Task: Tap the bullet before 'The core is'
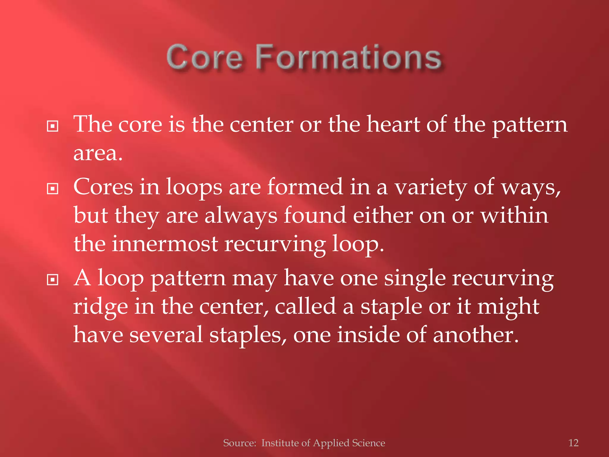(53, 126)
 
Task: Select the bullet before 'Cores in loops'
(53, 189)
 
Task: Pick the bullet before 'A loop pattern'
(53, 280)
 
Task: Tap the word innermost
(165, 244)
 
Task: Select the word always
(241, 216)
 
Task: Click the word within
(514, 215)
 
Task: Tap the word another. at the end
(476, 335)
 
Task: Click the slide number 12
(573, 443)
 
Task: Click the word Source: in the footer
(240, 443)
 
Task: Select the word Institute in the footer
(281, 443)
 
